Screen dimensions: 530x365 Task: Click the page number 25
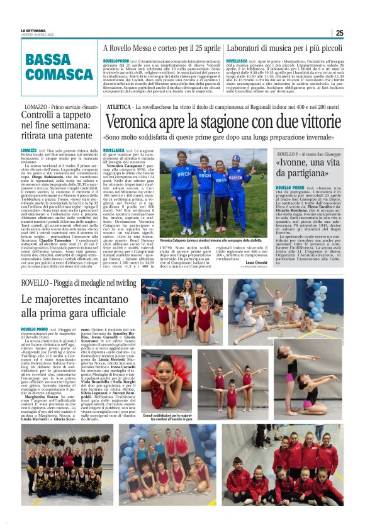pos(339,33)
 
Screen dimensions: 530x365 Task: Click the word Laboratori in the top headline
pos(249,48)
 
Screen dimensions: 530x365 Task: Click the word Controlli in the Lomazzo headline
pos(42,115)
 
